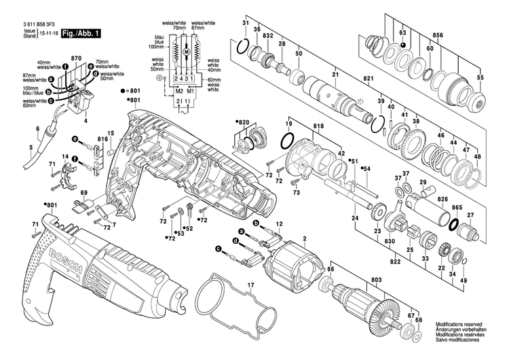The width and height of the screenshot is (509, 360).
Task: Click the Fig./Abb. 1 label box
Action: [x=77, y=32]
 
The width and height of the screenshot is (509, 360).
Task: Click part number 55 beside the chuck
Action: [x=480, y=78]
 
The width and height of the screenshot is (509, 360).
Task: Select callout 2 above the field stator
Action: [x=305, y=238]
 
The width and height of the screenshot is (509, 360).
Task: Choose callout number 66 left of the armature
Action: [x=331, y=270]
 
